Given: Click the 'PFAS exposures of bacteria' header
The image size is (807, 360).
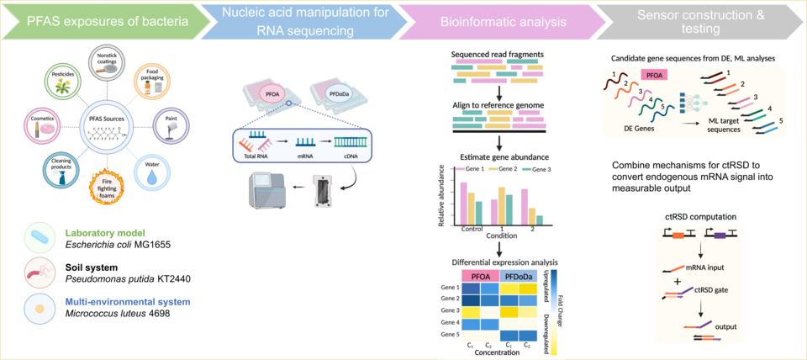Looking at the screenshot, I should [x=94, y=19].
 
